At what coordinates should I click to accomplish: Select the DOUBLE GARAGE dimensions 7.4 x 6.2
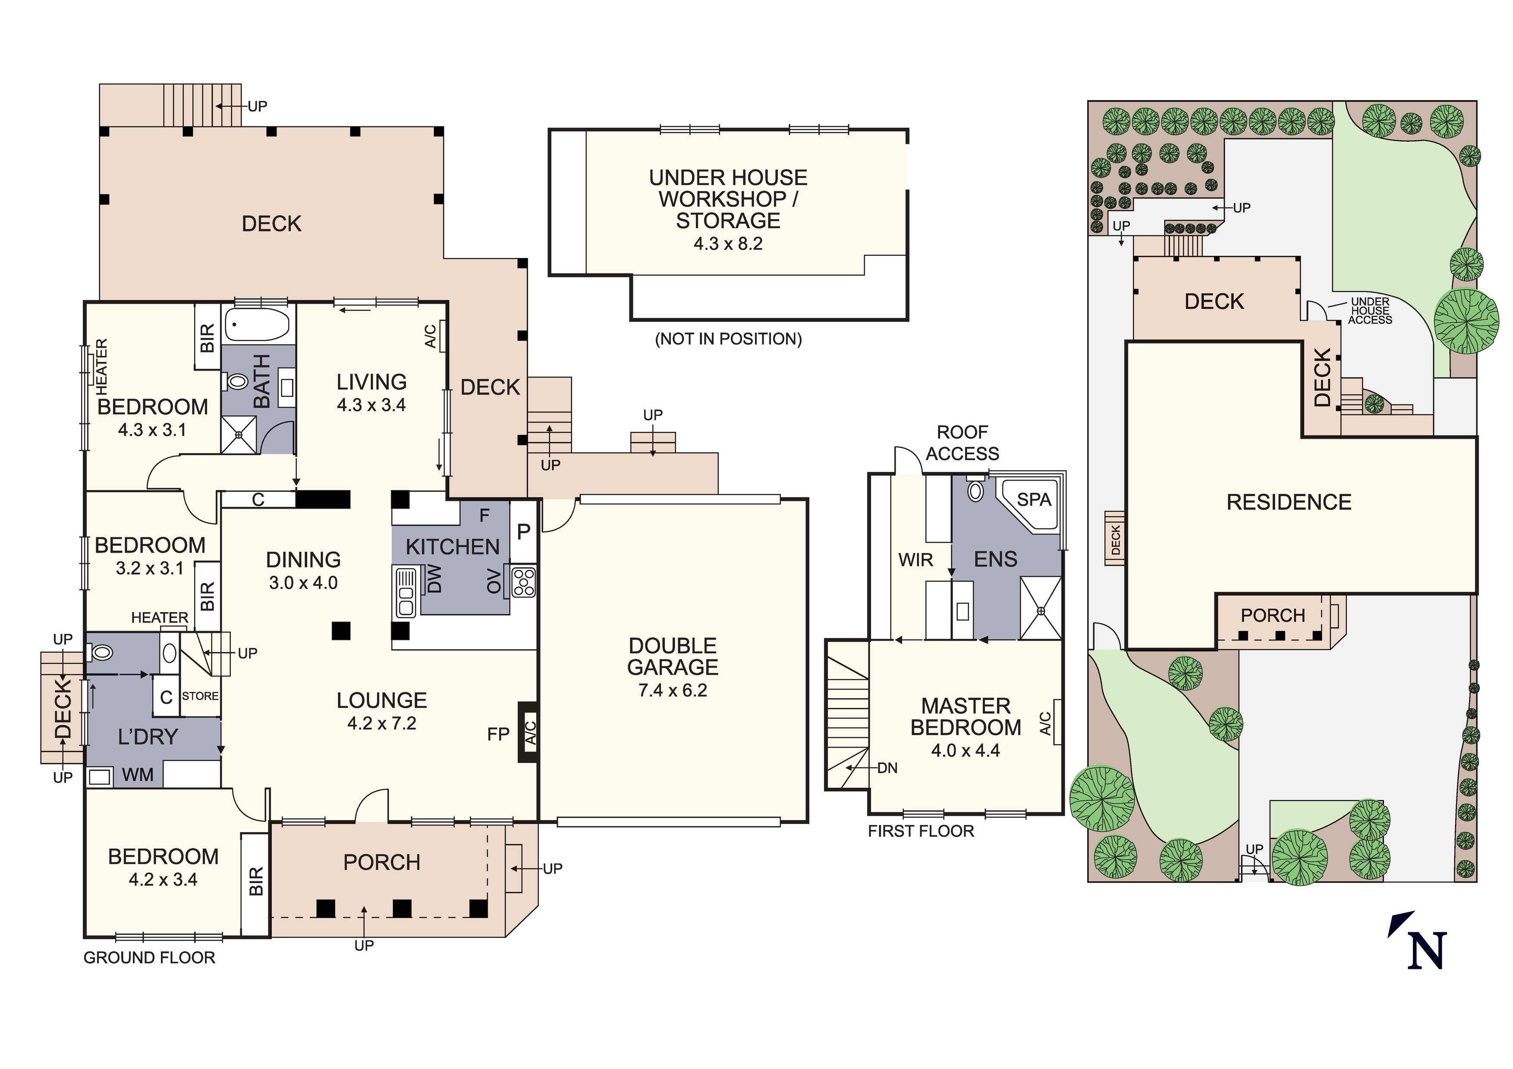click(x=672, y=691)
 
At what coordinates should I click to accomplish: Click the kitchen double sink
click(x=405, y=592)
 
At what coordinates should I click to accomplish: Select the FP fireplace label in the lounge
click(x=498, y=734)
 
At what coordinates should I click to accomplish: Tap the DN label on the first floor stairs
click(x=887, y=768)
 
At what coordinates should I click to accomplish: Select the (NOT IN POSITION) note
click(x=728, y=339)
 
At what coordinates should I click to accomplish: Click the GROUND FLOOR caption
click(x=150, y=958)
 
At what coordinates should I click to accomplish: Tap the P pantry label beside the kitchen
click(x=524, y=531)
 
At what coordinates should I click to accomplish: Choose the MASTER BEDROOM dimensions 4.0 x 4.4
click(x=966, y=751)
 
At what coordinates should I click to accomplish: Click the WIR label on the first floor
click(x=915, y=560)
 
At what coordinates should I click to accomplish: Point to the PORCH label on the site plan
click(x=1272, y=616)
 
